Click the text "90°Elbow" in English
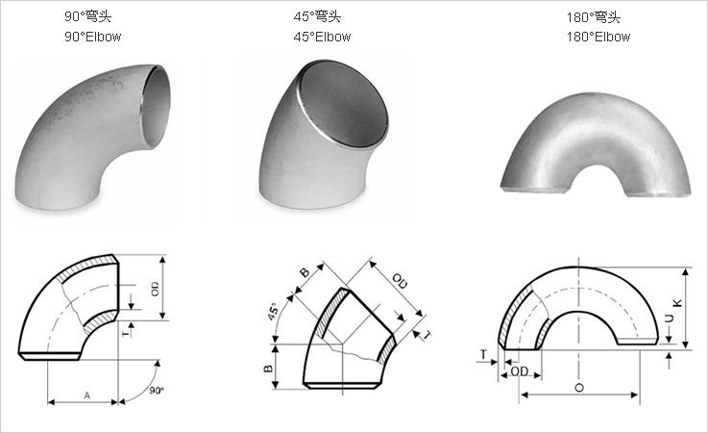coord(92,37)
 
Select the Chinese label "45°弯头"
coord(317,16)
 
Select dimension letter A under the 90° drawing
coord(86,395)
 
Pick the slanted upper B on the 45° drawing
coord(304,273)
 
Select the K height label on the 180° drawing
coord(677,303)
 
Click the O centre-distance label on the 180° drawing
coord(576,387)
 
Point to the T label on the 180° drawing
coord(481,354)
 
